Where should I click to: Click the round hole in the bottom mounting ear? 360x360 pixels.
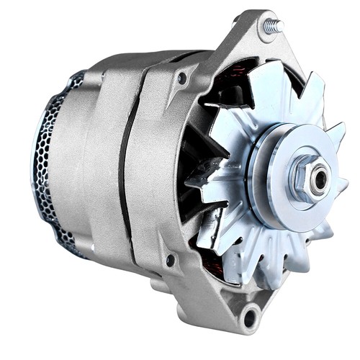coord(251,314)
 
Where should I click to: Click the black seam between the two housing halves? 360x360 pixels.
coord(123,166)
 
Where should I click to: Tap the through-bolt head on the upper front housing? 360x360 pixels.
coord(182,77)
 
